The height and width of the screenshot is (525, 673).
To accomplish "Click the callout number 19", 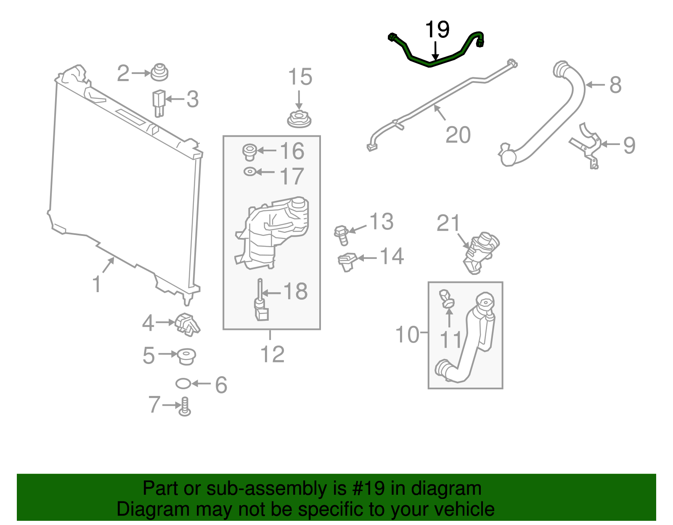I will tap(437, 30).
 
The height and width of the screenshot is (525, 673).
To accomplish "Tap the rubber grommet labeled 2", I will tap(160, 72).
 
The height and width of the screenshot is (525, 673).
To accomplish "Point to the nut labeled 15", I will tap(299, 119).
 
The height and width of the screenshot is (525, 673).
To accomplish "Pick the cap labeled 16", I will tap(249, 152).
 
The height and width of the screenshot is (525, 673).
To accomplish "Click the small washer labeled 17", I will tap(249, 171).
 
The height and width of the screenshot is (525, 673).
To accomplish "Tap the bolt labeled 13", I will tap(342, 235).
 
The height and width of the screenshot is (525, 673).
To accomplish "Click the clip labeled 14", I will tap(347, 261).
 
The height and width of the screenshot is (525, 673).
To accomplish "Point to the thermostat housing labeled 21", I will tap(482, 251).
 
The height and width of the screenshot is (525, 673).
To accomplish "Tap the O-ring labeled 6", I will tap(183, 383).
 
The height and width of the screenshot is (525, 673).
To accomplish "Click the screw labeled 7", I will tap(185, 407).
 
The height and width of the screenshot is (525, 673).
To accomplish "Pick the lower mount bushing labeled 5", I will tap(185, 356).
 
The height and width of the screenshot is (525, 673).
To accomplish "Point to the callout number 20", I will tap(458, 135).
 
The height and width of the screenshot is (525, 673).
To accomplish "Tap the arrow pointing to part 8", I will tap(595, 84).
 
